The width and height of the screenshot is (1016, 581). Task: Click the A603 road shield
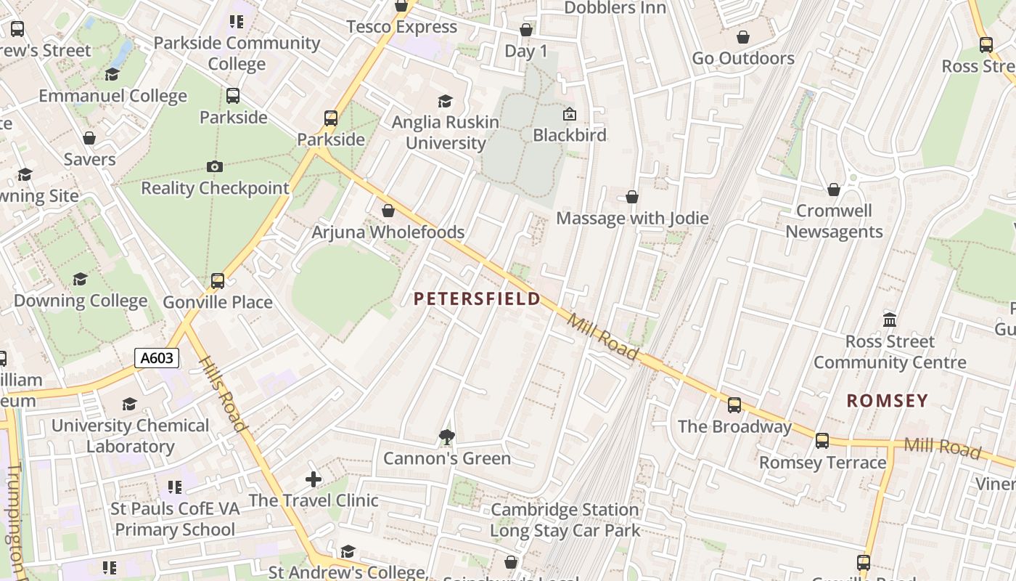pos(156,357)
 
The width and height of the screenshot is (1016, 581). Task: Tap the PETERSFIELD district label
pos(477,298)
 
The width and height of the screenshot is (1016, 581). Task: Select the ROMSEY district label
pos(887,400)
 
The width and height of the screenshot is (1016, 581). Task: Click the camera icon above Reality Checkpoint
pos(214,167)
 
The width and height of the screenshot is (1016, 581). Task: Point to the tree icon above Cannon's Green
pos(447,436)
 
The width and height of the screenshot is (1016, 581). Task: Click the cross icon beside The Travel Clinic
pos(314,479)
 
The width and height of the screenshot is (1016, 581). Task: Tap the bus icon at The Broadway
pos(734,405)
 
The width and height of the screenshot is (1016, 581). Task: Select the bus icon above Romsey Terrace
pos(822,441)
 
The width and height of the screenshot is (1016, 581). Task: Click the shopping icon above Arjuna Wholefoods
pos(388,211)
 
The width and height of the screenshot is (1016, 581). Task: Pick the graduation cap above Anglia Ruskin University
pos(445,101)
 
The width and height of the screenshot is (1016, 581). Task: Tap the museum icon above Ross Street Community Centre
pos(890,320)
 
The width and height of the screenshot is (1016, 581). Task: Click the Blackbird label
pos(569,135)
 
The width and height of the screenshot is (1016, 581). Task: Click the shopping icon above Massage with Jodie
pos(632,197)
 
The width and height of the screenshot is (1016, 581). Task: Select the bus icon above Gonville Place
pos(217,281)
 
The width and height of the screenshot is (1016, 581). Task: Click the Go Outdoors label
pos(743,58)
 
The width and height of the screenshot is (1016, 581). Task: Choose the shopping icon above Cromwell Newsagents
pos(834,190)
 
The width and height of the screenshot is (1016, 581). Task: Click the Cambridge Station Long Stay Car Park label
pos(565,520)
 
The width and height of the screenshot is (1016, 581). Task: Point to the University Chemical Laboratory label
pos(130,436)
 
